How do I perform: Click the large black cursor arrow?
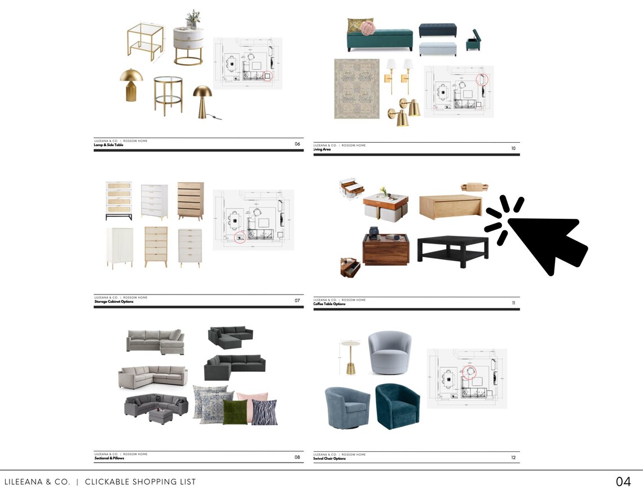coord(544,240)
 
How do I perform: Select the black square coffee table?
coord(452,248)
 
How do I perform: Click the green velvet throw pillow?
coord(235,412)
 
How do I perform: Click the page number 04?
coord(623,482)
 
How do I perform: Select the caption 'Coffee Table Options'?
coord(329,304)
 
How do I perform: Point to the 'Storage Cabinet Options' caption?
coord(113,301)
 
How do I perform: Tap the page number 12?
coord(513,458)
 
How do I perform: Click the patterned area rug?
coord(356,89)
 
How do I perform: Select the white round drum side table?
coord(188,45)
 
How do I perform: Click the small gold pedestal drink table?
coord(350,357)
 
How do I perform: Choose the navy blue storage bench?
coord(437,30)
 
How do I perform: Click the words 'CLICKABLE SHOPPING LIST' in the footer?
coord(140,482)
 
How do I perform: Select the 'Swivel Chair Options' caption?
coord(329,459)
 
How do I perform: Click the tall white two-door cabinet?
coord(120,248)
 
